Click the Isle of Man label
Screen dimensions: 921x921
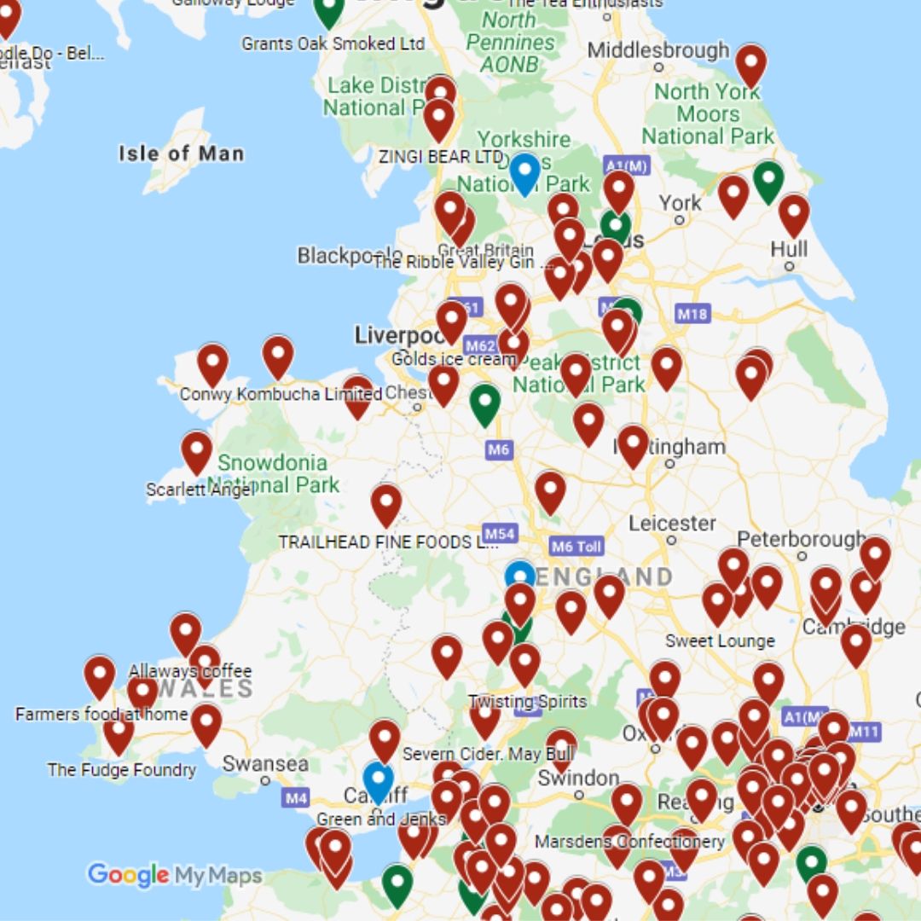181,154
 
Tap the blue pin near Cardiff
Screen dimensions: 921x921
378,779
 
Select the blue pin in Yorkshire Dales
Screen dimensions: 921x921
524,171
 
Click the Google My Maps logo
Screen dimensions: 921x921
174,875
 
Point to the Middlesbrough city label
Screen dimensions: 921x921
658,50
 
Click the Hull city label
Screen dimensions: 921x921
788,250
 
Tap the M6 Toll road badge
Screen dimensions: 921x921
576,547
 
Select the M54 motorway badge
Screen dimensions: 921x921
499,534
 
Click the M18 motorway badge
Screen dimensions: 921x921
692,314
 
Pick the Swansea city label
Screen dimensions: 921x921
264,763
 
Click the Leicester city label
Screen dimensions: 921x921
672,523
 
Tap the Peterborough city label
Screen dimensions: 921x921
801,540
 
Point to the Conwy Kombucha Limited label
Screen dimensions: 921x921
281,395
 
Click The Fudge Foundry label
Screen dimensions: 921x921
121,770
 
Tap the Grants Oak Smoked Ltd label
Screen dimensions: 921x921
333,43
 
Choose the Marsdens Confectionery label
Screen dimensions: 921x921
629,842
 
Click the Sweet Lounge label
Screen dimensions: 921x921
720,640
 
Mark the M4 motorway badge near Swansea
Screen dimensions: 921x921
296,799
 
